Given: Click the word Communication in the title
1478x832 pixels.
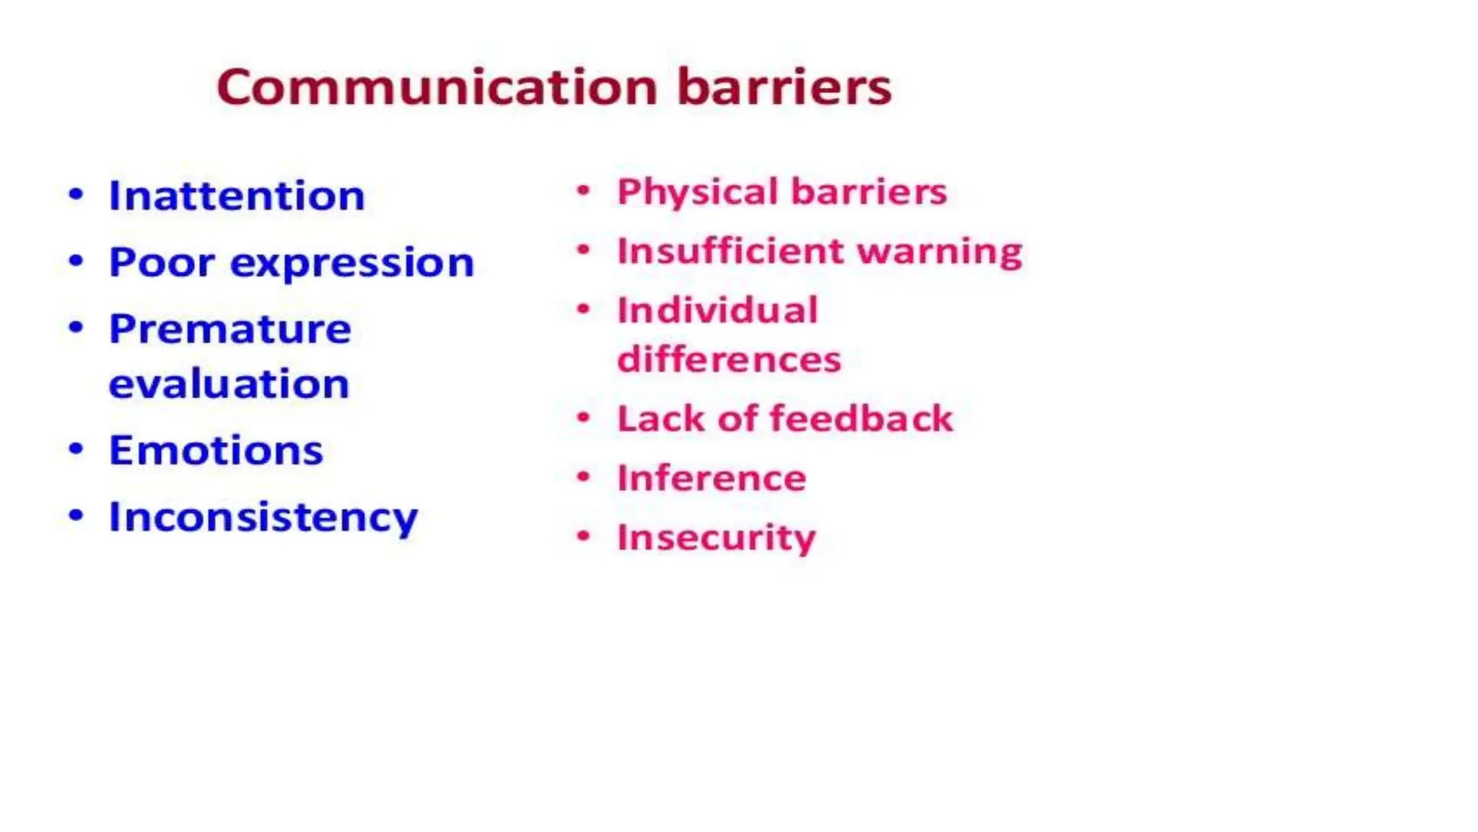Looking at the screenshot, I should tap(437, 87).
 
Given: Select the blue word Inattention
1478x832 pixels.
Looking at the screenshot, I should tap(237, 196).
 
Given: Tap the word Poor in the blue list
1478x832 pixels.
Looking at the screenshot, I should tap(162, 262).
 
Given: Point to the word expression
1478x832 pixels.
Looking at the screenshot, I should tap(351, 264).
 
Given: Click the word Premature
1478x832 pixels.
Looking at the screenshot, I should tap(229, 329).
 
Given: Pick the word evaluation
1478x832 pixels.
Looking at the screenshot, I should tap(229, 383).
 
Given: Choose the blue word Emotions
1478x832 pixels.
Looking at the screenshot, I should tap(216, 451).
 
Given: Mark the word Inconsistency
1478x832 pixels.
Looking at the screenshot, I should tap(263, 518).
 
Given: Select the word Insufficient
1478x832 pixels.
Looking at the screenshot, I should tap(730, 251).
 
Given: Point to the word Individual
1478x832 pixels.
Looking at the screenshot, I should tap(717, 311).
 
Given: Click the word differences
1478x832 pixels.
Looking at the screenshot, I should tap(729, 359).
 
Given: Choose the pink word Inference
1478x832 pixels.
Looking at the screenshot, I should tap(712, 478).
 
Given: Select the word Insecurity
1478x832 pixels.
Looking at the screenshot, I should tap(716, 538).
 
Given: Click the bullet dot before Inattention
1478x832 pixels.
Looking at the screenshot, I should tap(76, 195).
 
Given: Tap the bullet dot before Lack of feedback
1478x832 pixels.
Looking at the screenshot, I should tap(584, 417).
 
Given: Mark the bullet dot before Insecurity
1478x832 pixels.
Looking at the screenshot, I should tap(584, 536).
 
